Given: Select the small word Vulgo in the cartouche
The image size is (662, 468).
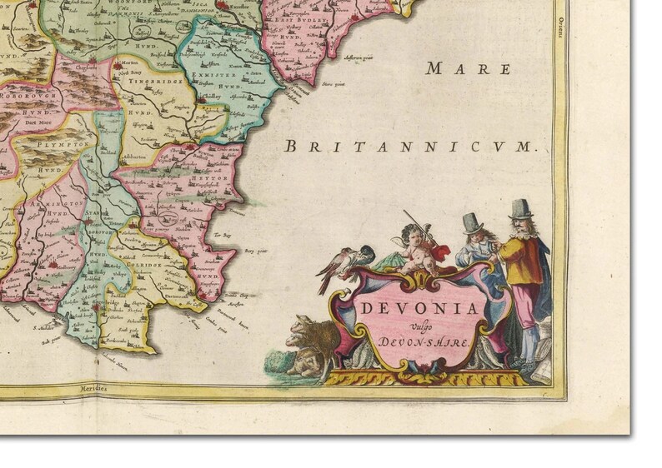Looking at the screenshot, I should point(419,326).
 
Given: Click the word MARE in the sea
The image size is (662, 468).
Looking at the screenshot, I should point(455,69).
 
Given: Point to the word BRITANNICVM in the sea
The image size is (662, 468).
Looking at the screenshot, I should point(408,147).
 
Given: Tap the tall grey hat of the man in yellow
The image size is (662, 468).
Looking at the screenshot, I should point(522,208).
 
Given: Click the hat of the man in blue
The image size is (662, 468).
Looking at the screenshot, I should point(473,222).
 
